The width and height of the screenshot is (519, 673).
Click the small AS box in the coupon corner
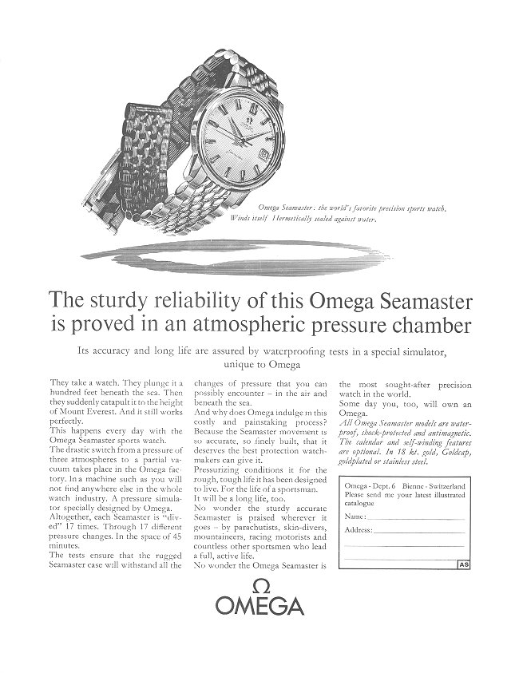coord(463,564)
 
